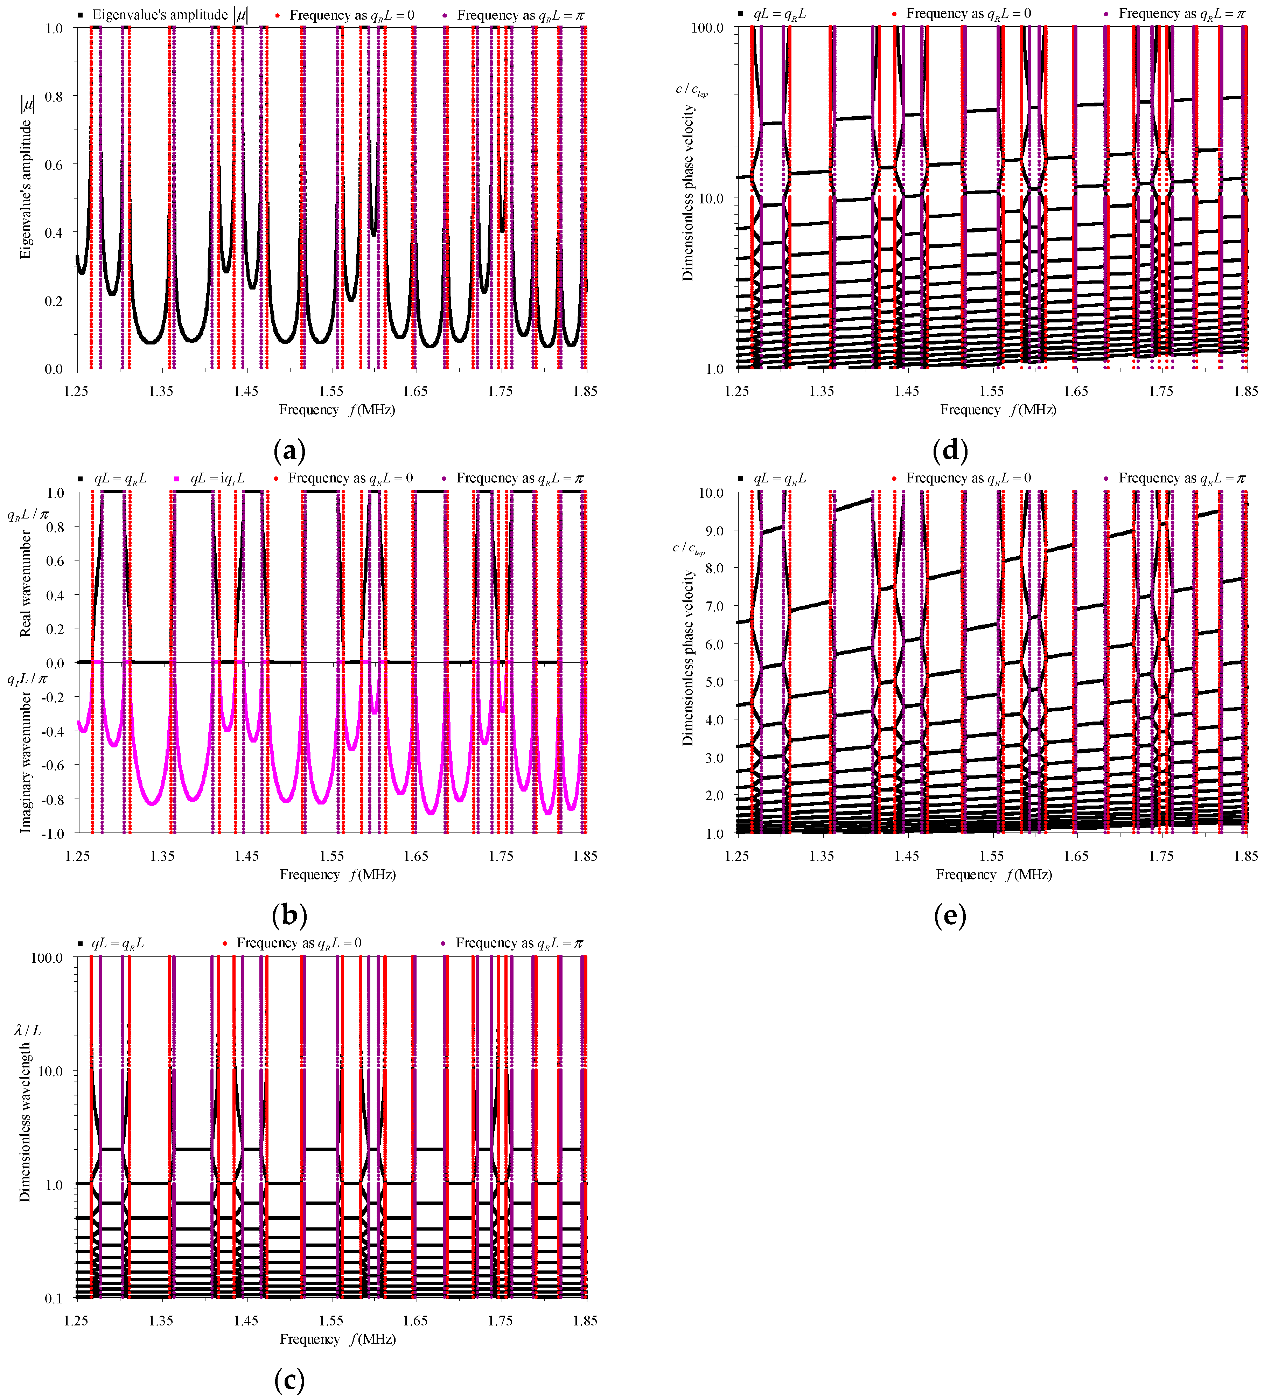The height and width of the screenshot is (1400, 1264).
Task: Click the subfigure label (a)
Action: pos(289,451)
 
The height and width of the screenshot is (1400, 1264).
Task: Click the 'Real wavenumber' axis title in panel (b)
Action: pos(26,583)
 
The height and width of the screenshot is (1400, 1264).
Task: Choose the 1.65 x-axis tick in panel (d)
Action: pos(1076,391)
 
